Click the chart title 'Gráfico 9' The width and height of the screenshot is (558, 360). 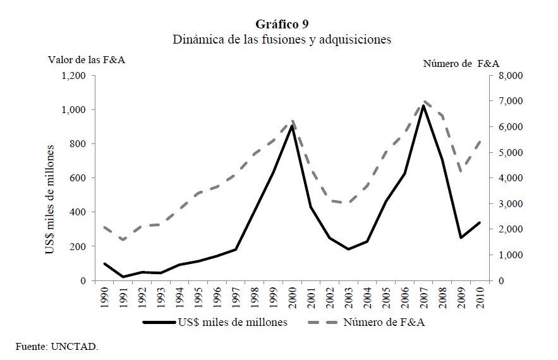tap(282, 24)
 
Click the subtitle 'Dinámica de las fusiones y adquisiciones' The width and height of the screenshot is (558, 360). tap(282, 40)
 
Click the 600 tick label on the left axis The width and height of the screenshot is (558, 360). tap(77, 178)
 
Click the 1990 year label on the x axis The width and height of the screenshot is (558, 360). tap(105, 297)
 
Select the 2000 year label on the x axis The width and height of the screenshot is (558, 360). tap(293, 297)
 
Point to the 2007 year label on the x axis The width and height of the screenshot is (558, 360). tap(424, 297)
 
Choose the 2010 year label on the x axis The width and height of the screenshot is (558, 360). tap(480, 297)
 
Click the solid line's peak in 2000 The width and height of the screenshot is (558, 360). tap(293, 126)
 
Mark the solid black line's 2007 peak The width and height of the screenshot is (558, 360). tap(424, 106)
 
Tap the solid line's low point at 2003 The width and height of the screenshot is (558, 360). tap(349, 249)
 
